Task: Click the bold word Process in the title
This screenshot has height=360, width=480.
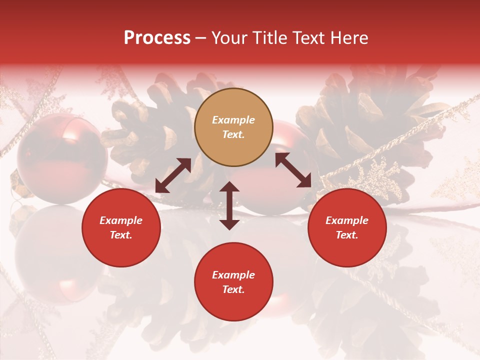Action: click(157, 38)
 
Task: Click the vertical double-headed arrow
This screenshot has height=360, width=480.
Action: click(229, 205)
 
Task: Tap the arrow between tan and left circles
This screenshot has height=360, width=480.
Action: click(173, 175)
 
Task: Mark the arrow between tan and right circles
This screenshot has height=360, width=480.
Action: click(293, 170)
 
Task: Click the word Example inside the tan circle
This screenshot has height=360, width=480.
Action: click(233, 120)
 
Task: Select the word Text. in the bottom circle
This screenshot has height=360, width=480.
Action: click(233, 289)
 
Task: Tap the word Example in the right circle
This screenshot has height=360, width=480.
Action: click(347, 220)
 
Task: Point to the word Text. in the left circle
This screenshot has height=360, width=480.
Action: click(121, 235)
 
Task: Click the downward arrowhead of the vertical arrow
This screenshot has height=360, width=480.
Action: click(229, 223)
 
